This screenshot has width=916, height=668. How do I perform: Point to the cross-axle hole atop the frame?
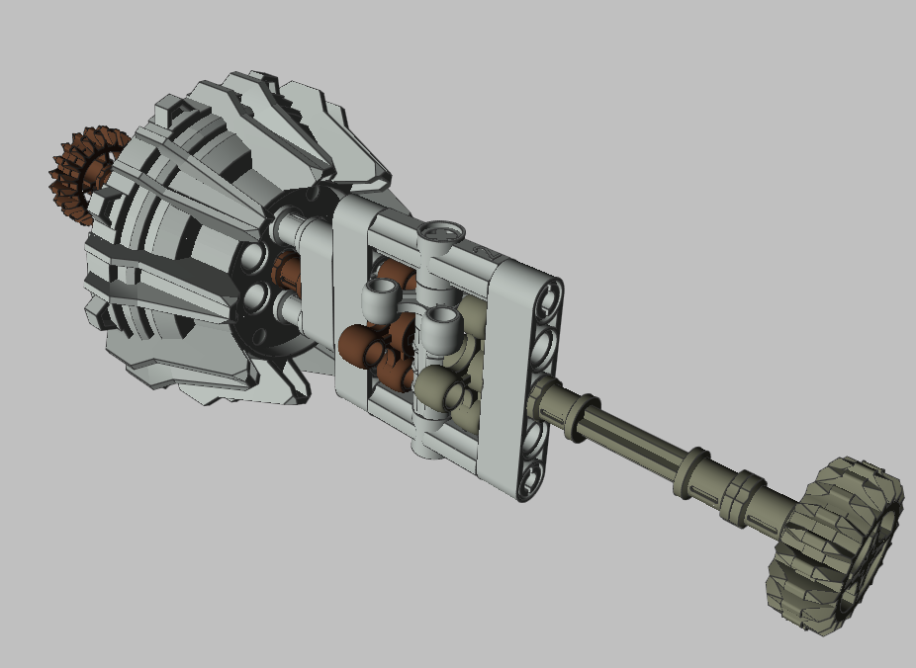[x=441, y=233]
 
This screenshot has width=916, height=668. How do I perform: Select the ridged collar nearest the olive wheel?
[x=743, y=491]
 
